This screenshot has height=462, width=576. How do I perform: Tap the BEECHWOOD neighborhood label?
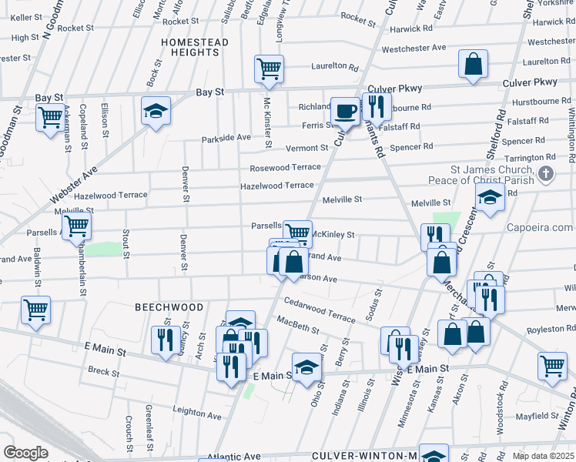[x=169, y=306]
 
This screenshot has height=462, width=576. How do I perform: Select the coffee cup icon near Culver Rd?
[x=345, y=111]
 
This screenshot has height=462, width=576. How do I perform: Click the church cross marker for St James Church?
[x=546, y=173]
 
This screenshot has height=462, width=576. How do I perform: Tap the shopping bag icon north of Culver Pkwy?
[x=473, y=65]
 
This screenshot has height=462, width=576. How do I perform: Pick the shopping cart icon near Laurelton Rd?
[x=270, y=69]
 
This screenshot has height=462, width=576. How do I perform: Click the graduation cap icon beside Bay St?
[x=156, y=112]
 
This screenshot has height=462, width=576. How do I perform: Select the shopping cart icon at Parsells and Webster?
[x=76, y=226]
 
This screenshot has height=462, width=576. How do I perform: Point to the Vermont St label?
[x=307, y=148]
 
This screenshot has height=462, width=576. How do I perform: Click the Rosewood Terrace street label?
[x=284, y=167]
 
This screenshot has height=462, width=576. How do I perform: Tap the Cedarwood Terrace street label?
[x=319, y=306]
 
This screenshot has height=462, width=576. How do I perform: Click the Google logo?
[x=25, y=453]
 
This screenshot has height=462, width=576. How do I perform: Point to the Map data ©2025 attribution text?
[x=543, y=456]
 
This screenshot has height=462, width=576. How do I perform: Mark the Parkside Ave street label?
[x=226, y=138]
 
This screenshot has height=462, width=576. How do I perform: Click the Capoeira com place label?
[x=540, y=227]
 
